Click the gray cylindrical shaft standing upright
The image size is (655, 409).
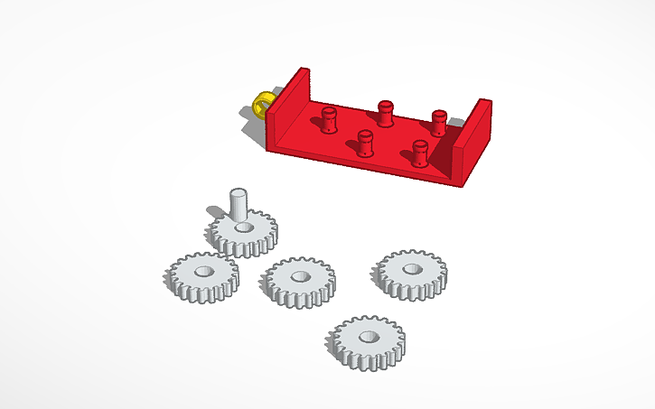point(238,206)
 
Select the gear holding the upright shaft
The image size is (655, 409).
point(257,237)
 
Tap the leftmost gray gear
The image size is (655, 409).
point(203,277)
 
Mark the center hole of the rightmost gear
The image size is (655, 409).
point(413,268)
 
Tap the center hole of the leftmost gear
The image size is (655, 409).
point(201,271)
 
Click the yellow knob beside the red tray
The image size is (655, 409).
point(262,103)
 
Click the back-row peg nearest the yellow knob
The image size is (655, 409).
point(328,118)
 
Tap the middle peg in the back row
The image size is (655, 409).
point(386,114)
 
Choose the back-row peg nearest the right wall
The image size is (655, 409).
point(439,123)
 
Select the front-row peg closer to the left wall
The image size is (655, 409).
point(365,143)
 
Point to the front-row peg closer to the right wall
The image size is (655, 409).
point(419,153)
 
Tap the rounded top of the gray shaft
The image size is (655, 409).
point(238,191)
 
